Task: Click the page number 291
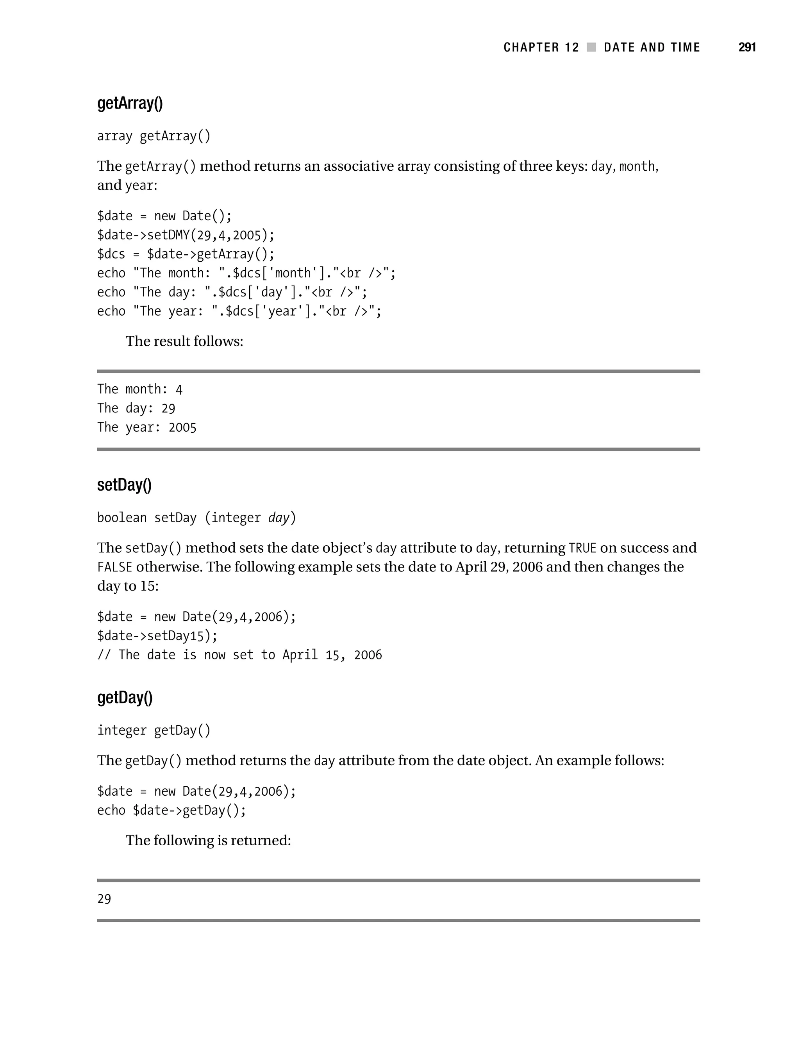(x=746, y=47)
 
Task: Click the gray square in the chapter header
(x=591, y=47)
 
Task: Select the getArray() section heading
(x=130, y=103)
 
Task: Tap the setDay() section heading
(x=124, y=485)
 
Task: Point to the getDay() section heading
(x=125, y=698)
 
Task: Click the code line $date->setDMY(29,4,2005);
(x=186, y=235)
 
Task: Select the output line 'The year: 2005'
(x=147, y=427)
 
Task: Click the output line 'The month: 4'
(x=139, y=389)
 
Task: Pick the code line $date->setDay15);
(x=157, y=636)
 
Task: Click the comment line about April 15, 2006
(x=239, y=655)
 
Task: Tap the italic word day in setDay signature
(x=279, y=518)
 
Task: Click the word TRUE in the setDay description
(x=582, y=548)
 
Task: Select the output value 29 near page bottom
(x=104, y=899)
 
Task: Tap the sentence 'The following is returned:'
(x=208, y=841)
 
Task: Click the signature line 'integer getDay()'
(x=154, y=730)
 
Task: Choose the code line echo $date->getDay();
(x=171, y=811)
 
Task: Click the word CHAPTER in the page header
(x=531, y=47)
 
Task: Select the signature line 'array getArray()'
(x=154, y=136)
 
